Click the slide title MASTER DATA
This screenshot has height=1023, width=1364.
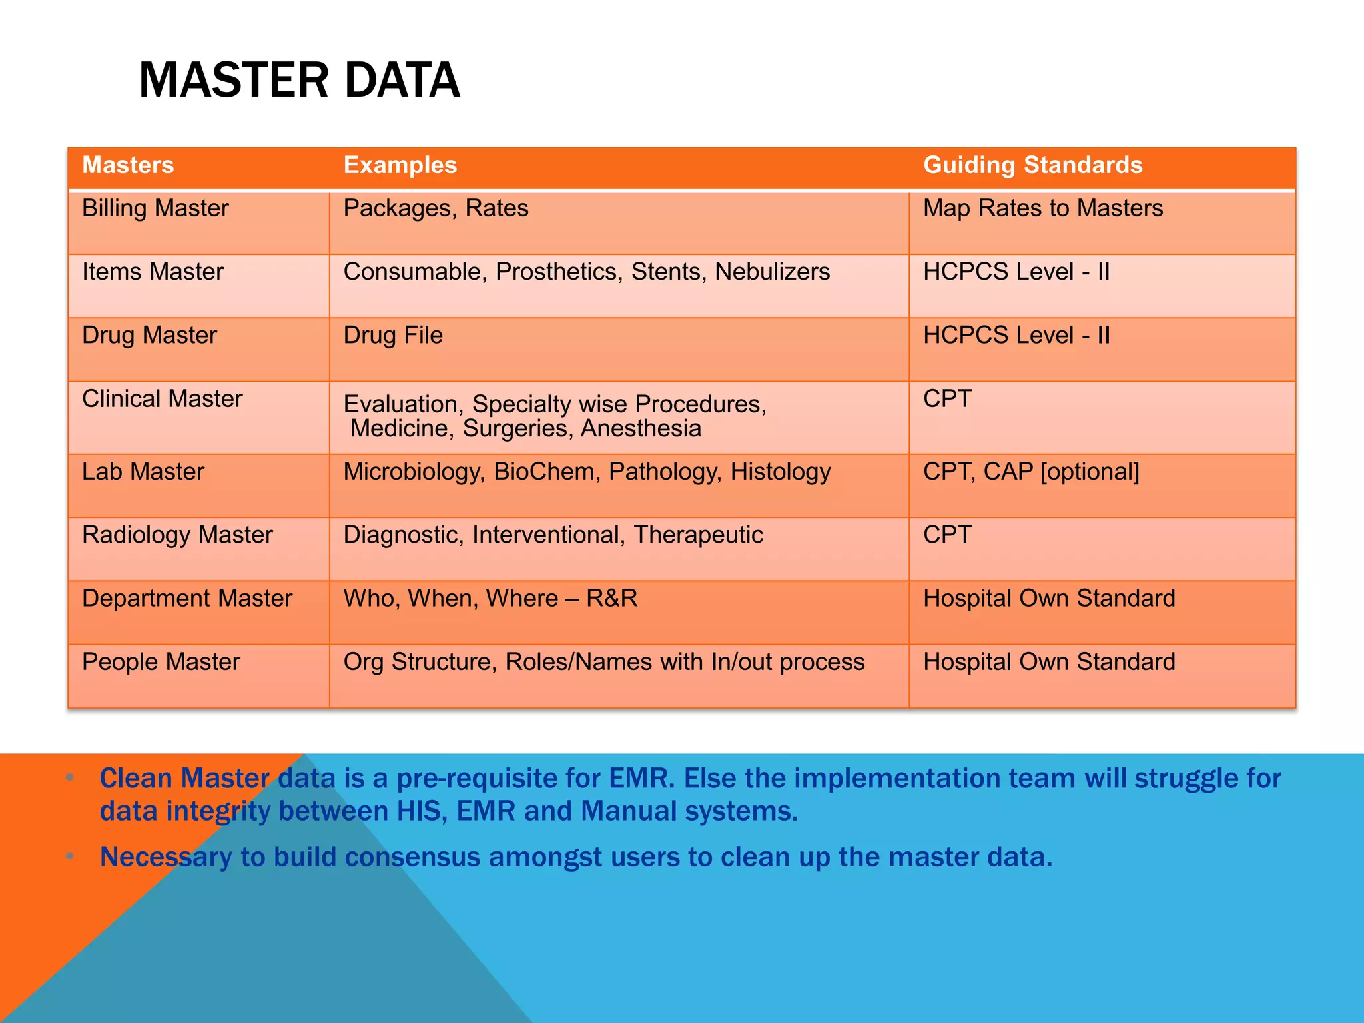299,80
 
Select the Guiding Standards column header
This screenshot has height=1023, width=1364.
1032,165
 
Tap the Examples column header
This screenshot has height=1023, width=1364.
400,165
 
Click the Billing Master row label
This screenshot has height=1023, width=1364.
155,208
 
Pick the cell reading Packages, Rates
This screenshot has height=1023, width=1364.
436,208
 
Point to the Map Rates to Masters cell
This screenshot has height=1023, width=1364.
1042,208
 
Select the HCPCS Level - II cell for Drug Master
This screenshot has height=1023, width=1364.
1016,335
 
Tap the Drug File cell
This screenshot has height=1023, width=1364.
393,335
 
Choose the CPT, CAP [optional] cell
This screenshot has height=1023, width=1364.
1031,472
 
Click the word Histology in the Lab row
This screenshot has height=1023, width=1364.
780,472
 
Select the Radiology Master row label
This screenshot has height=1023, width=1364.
177,535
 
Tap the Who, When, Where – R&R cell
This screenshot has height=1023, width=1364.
490,598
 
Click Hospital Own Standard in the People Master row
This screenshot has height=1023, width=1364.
1049,662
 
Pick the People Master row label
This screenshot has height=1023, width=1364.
161,662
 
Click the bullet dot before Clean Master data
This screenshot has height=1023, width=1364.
70,777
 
